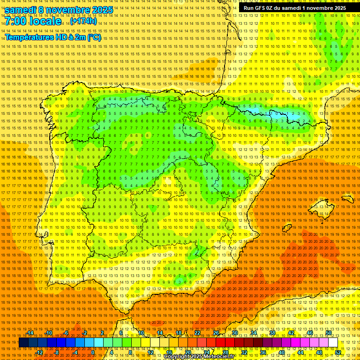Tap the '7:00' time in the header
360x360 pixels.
click(x=16, y=22)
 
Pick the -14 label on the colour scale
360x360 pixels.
click(x=31, y=333)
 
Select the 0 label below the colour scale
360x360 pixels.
click(x=93, y=352)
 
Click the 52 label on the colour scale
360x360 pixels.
click(x=337, y=352)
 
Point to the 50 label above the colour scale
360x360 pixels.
click(x=329, y=333)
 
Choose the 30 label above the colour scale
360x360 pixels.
click(x=234, y=333)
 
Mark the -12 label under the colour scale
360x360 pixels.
click(x=40, y=352)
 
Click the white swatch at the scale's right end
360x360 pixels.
click(x=333, y=343)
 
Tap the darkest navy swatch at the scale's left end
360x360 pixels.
click(x=23, y=343)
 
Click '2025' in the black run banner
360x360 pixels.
click(x=338, y=8)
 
